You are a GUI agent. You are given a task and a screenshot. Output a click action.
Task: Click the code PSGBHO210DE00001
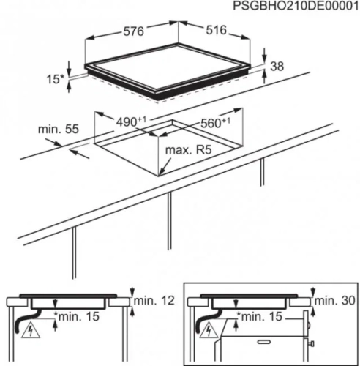coord(296,6)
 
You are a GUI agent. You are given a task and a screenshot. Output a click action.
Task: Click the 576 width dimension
coord(134,31)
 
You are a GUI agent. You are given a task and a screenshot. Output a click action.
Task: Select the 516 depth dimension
coord(217,30)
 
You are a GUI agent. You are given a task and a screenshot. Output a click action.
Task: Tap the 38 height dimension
coord(277,67)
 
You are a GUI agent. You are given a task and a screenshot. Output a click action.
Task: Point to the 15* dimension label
coord(55,79)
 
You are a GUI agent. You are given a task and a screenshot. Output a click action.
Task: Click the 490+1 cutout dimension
coord(131,122)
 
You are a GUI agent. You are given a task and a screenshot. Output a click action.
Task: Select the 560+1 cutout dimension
coord(215,123)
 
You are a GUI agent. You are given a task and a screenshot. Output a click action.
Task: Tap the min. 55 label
coord(59,129)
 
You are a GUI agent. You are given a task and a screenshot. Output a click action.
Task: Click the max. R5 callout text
coord(188,150)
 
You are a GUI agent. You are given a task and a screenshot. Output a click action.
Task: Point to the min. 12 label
coord(154,301)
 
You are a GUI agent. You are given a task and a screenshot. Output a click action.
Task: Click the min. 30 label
coord(334,301)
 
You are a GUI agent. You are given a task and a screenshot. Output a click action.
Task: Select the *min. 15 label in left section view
coord(77,317)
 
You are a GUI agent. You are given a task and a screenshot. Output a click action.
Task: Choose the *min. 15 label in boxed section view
coord(260,317)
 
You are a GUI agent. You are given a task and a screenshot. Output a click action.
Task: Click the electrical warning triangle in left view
coord(31,331)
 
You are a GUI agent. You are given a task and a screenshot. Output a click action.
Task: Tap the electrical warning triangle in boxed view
coord(209,331)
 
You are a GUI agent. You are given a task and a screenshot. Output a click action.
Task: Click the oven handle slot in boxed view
coord(265,342)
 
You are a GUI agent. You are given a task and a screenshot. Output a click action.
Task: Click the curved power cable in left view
coord(26,321)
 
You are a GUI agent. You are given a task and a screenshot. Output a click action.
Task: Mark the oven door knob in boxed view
coord(311,344)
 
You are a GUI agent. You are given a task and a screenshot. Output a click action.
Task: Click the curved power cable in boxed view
coord(206,321)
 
